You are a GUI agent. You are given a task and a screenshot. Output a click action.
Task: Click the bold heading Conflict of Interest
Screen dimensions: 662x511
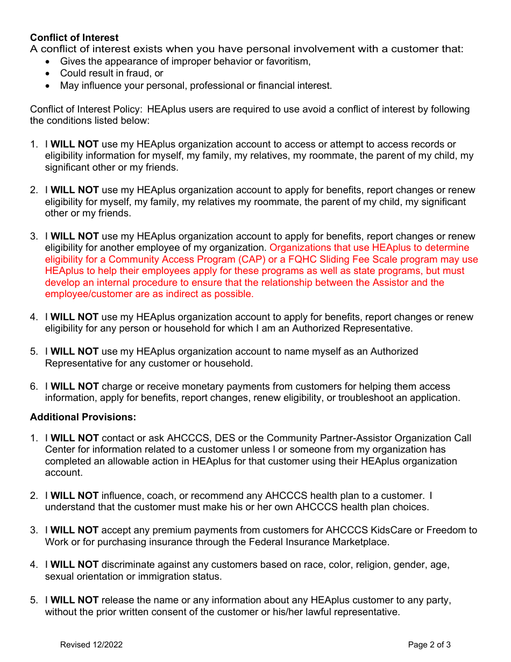(74, 37)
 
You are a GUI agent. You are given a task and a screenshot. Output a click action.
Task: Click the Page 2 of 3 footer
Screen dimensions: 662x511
(429, 645)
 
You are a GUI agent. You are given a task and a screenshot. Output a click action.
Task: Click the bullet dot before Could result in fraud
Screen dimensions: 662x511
(49, 73)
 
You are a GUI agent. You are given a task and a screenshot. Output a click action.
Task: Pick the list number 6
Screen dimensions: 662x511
(33, 386)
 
